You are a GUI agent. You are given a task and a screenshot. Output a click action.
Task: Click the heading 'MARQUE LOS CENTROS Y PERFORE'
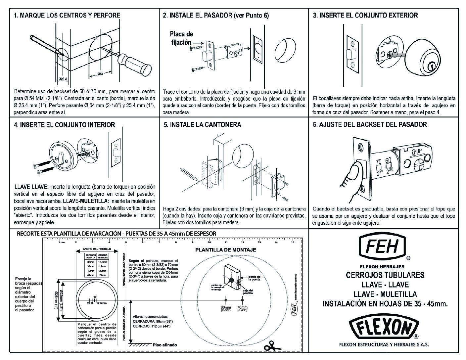[x=70, y=15]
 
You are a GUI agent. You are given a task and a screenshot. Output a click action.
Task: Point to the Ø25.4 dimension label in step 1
[x=63, y=79]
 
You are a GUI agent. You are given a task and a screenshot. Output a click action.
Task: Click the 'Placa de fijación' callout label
[x=181, y=38]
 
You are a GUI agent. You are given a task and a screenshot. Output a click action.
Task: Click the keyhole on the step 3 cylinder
[x=432, y=67]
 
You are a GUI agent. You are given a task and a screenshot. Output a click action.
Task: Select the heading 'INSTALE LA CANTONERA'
[x=205, y=125]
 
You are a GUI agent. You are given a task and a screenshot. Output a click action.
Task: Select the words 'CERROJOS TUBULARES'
[x=385, y=275]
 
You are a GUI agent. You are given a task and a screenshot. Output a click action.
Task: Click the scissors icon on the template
[x=272, y=345]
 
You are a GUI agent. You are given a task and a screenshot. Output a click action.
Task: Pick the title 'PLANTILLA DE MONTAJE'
[x=226, y=250]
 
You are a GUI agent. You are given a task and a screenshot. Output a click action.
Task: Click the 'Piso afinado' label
[x=165, y=345]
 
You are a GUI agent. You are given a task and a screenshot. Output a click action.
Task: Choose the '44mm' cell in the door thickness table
[x=90, y=275]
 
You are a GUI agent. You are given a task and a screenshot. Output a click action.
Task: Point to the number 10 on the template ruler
[x=209, y=242]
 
